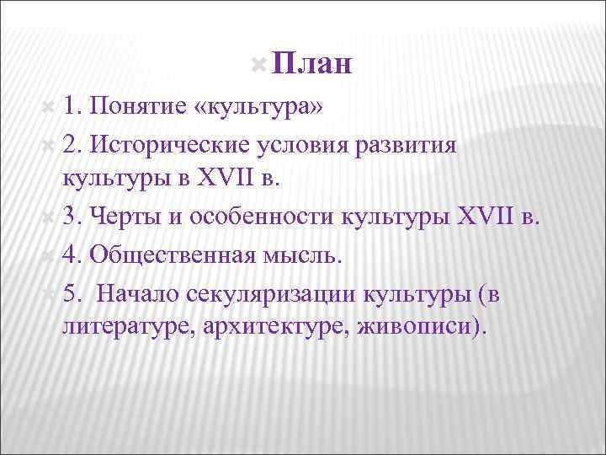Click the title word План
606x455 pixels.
click(x=312, y=64)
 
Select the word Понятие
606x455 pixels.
click(x=137, y=107)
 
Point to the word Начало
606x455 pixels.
click(x=138, y=292)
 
